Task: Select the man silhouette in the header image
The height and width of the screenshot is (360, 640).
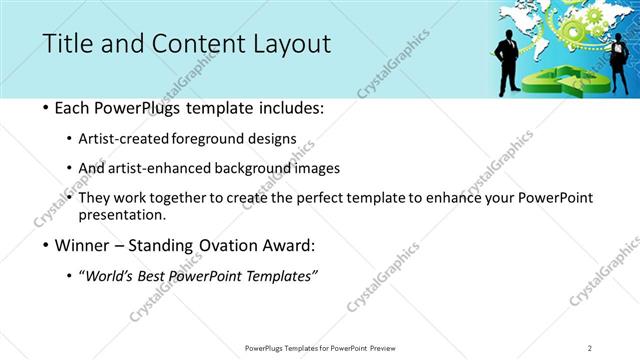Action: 508,60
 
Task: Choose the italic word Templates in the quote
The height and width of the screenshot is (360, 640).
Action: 281,275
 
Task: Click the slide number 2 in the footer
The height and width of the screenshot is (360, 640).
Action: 590,348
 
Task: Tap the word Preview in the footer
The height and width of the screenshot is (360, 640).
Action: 388,348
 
